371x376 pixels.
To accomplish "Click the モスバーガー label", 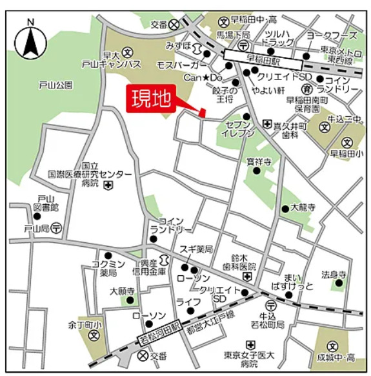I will pyautogui.click(x=181, y=67).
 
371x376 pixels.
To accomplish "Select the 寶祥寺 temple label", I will pyautogui.click(x=258, y=160).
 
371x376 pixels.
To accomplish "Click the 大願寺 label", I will pyautogui.click(x=121, y=291).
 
